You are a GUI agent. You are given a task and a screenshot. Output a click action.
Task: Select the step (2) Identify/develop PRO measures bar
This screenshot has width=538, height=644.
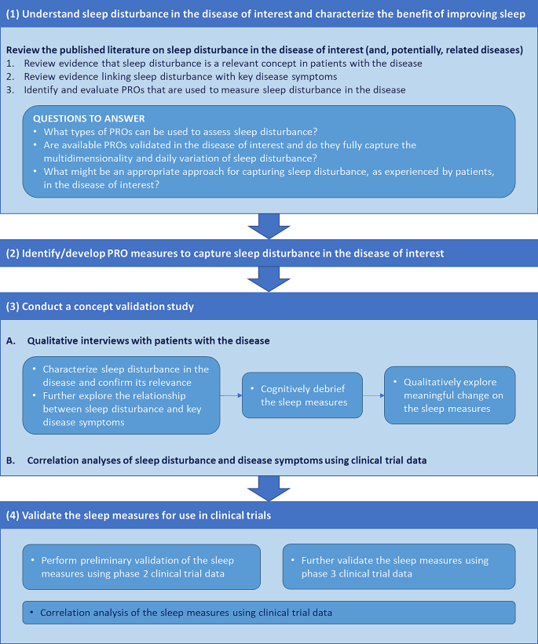(x=269, y=253)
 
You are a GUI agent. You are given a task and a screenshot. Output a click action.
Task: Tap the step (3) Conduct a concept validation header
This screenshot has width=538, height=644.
(x=269, y=306)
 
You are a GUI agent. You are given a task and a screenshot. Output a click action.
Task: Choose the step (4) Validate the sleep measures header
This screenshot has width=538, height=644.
(x=269, y=515)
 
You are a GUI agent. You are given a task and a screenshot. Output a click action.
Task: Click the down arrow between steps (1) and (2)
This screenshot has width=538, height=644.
(x=269, y=226)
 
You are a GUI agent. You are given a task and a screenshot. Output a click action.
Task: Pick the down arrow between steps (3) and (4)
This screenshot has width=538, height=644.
(x=269, y=488)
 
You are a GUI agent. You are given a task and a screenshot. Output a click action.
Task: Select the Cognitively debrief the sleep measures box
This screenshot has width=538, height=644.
(x=291, y=396)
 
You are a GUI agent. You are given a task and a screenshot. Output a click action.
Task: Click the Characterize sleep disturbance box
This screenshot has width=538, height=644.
(x=121, y=395)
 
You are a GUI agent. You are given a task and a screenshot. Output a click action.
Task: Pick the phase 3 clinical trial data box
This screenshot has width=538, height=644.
(x=399, y=567)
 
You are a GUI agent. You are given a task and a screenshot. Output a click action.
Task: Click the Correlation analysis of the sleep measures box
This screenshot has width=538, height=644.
(x=269, y=613)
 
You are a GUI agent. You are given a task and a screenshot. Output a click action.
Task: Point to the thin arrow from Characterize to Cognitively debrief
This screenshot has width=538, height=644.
(x=230, y=396)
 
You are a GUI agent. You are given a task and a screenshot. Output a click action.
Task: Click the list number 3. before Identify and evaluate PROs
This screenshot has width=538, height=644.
(x=9, y=89)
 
